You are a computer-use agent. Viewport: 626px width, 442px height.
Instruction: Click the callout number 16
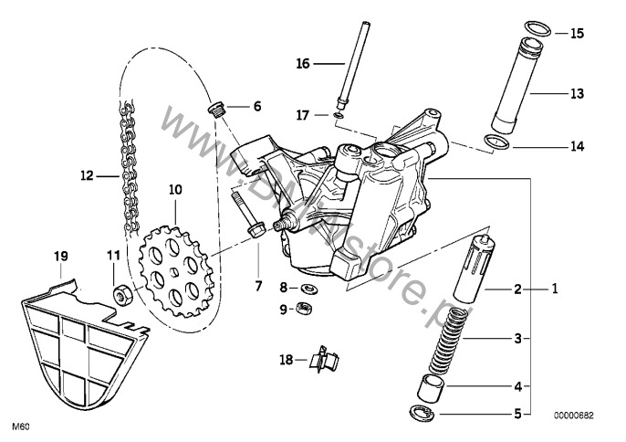tap(303, 63)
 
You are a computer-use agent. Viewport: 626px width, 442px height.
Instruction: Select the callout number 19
tap(61, 258)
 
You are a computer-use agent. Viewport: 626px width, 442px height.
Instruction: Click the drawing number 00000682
tap(573, 415)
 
